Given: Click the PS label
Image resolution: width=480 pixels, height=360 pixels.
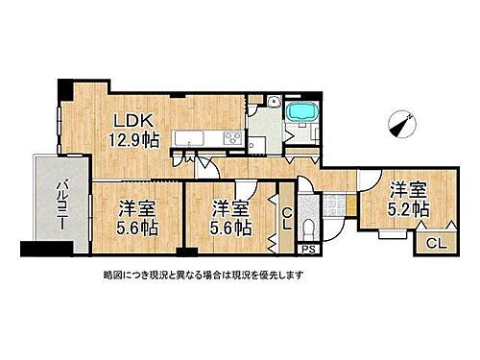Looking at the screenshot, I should (x=307, y=251).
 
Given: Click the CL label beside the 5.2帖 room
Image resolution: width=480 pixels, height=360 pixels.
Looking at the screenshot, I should (x=433, y=244).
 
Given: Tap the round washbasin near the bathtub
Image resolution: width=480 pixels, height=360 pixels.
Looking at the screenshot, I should (x=273, y=105).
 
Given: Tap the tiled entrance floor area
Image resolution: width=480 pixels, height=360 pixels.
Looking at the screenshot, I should (x=335, y=204).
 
